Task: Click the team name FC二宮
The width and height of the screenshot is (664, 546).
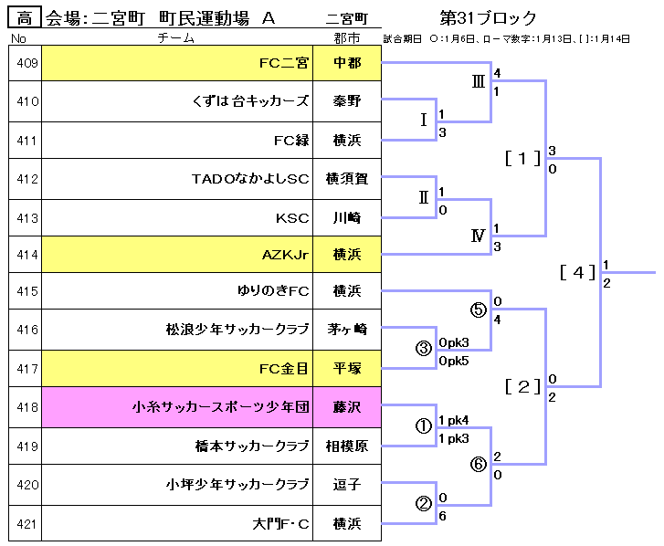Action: (x=283, y=63)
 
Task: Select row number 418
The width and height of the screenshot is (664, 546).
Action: (x=26, y=407)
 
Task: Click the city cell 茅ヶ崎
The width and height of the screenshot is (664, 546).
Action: (x=346, y=330)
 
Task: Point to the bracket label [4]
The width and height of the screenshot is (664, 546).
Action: (x=578, y=271)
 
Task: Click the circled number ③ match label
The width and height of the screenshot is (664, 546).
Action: (x=423, y=348)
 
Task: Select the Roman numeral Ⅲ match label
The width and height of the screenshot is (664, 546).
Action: (x=478, y=81)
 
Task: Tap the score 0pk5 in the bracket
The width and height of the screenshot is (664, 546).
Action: (x=454, y=361)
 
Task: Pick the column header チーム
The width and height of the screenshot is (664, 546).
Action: (x=176, y=38)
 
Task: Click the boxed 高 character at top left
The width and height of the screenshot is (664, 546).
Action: (x=25, y=18)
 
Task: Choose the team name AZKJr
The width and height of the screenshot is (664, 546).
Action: (x=285, y=253)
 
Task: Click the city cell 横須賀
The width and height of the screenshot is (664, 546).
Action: (x=346, y=179)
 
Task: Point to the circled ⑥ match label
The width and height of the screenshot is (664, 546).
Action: (x=478, y=463)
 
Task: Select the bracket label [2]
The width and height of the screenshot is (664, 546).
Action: (x=523, y=386)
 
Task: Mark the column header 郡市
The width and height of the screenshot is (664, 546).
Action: (x=346, y=38)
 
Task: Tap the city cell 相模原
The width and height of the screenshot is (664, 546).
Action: (x=346, y=447)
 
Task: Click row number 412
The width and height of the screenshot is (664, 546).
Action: (x=26, y=179)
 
